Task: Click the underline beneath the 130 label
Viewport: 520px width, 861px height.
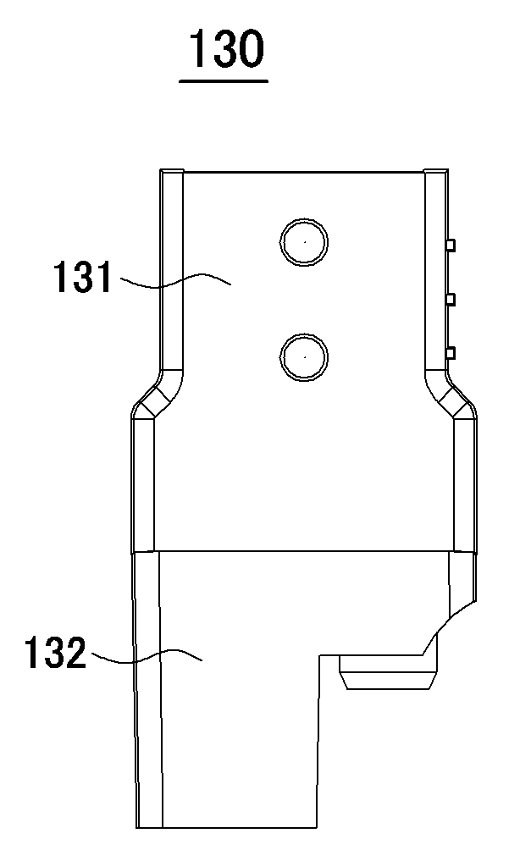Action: [224, 81]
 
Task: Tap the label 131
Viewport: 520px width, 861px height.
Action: [82, 278]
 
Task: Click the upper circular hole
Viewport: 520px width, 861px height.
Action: [304, 242]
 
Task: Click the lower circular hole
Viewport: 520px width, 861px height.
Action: [304, 356]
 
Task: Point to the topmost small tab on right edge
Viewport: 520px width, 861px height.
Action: [451, 246]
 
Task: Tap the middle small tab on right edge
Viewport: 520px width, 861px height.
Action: [451, 299]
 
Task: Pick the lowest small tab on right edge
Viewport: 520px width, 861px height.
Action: [451, 353]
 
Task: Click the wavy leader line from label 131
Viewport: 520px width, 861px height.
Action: [174, 279]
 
